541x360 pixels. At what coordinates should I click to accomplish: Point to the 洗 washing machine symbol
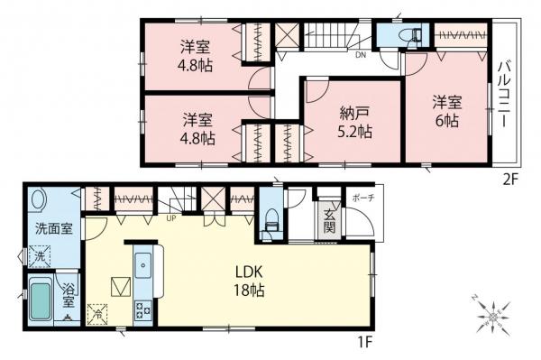click(x=40, y=256)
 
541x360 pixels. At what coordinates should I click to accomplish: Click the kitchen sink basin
click(x=144, y=266)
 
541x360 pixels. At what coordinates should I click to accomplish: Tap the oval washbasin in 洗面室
click(x=39, y=201)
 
